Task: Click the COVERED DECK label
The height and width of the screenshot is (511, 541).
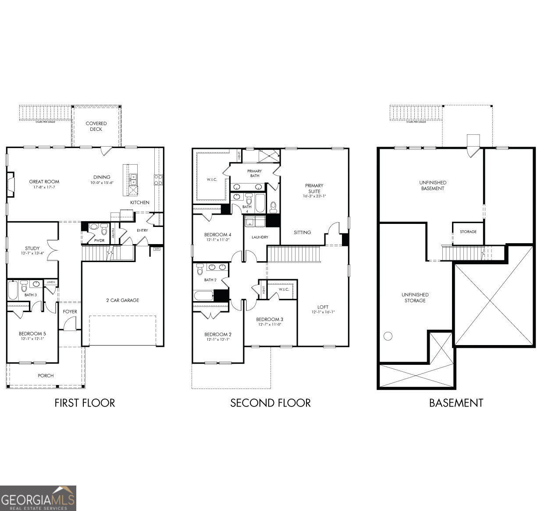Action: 96,126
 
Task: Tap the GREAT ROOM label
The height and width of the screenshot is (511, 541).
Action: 44,182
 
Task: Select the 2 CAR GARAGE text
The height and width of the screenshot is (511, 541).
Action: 123,300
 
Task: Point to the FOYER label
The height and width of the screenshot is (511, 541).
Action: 70,312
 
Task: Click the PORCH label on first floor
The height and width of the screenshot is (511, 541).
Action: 46,376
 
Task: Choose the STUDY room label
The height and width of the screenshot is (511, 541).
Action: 32,248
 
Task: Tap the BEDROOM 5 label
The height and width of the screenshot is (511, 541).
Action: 32,334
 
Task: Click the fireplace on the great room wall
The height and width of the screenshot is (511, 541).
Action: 11,184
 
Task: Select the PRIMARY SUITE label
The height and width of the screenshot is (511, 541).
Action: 314,188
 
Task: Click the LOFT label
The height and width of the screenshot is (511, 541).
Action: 323,307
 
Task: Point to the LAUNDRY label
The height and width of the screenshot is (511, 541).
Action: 260,237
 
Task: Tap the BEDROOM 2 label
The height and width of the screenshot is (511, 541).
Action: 218,335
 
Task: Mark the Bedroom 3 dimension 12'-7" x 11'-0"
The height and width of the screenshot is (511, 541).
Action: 270,324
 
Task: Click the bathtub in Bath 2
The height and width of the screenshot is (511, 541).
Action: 203,295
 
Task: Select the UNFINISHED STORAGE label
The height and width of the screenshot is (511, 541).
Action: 415,298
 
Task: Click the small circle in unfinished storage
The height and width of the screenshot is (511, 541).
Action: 388,336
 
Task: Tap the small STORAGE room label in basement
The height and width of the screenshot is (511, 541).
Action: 468,232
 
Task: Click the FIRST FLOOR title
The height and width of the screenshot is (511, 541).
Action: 85,403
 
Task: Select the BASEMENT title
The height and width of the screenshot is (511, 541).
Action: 456,403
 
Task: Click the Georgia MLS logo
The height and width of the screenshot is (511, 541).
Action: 38,498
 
